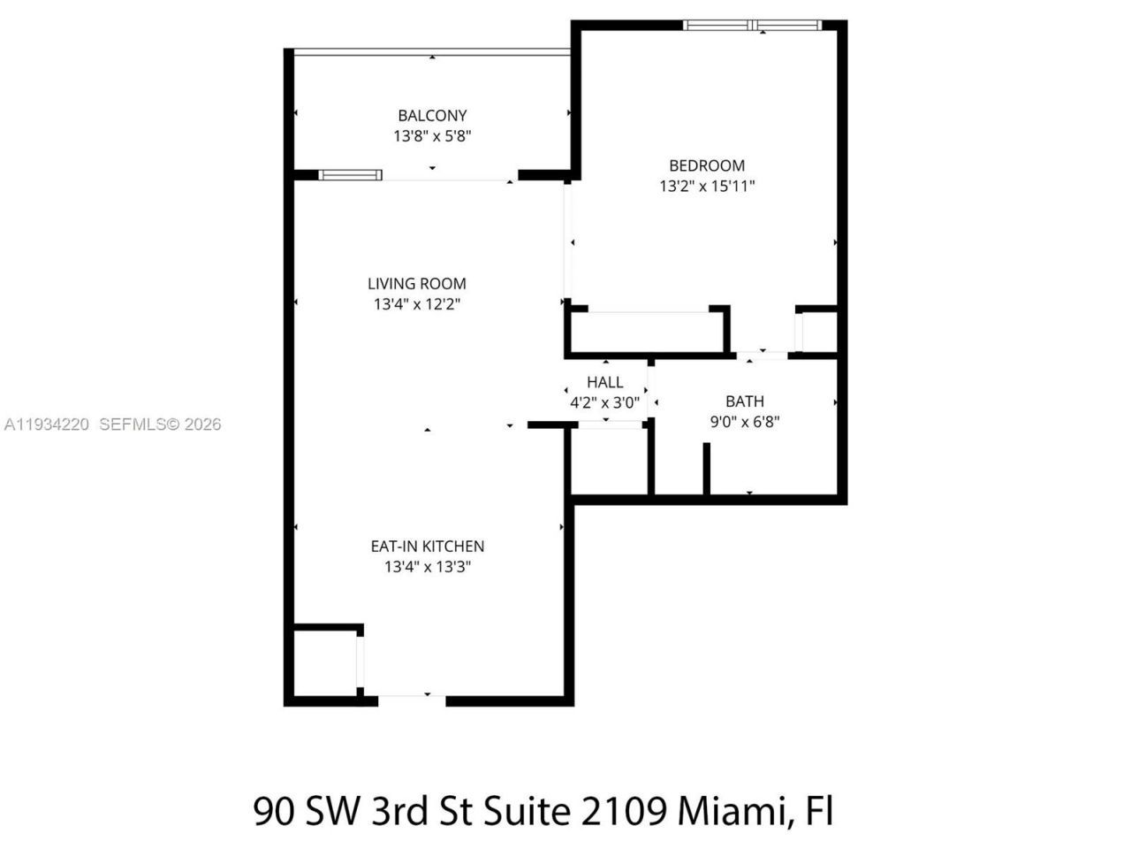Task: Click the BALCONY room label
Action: click(x=432, y=115)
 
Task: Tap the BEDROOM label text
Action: click(x=707, y=165)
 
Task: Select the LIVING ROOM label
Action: click(x=417, y=284)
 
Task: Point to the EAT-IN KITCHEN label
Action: click(x=428, y=547)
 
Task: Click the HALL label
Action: click(x=605, y=382)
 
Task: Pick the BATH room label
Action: click(x=745, y=402)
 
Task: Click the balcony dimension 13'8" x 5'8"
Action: click(x=433, y=136)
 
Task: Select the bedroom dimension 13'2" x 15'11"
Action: click(x=707, y=187)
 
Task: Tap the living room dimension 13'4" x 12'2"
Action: click(x=417, y=304)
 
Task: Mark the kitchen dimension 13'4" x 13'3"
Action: click(x=428, y=567)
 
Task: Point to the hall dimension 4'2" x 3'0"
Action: click(x=605, y=402)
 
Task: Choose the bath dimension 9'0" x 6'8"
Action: click(x=745, y=422)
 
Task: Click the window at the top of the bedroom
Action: click(x=753, y=25)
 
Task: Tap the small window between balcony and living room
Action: click(x=351, y=174)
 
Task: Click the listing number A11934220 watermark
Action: click(x=47, y=424)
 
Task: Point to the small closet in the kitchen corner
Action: click(x=324, y=662)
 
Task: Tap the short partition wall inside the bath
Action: click(x=707, y=468)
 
